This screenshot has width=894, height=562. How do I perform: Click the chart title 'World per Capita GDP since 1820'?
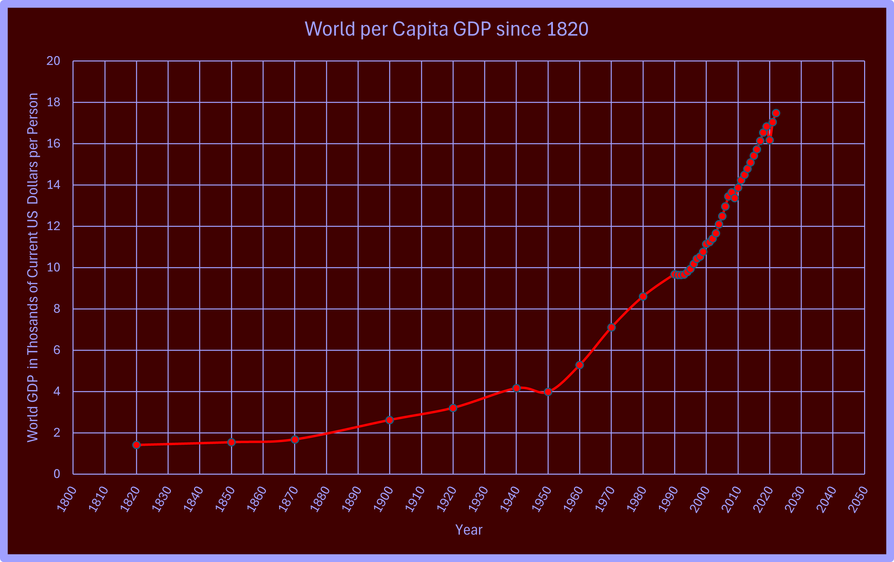pos(446,29)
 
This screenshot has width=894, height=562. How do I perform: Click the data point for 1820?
pos(136,445)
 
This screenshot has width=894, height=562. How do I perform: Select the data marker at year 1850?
pos(231,442)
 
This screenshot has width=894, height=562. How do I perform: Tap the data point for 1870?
pos(295,439)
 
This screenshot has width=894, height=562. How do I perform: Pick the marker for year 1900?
pos(389,420)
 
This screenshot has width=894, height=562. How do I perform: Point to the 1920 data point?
pos(453,408)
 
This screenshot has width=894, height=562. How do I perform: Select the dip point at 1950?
pos(548,392)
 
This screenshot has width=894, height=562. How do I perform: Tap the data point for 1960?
pos(579,365)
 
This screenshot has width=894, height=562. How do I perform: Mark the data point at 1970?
pos(611,327)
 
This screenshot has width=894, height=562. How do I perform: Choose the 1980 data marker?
pos(643,296)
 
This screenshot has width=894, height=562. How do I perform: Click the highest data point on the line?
pos(776,113)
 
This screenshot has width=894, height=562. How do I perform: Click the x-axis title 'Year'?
pos(469,530)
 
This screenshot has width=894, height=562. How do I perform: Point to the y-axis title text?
pos(33,267)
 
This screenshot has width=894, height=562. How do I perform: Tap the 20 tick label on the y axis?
pos(53,61)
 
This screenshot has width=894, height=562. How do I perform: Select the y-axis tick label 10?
pos(53,267)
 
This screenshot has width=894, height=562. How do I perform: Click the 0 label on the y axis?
pos(56,474)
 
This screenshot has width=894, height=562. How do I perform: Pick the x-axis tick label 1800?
pos(67,500)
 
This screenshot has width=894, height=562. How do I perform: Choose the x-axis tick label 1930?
pos(479,500)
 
